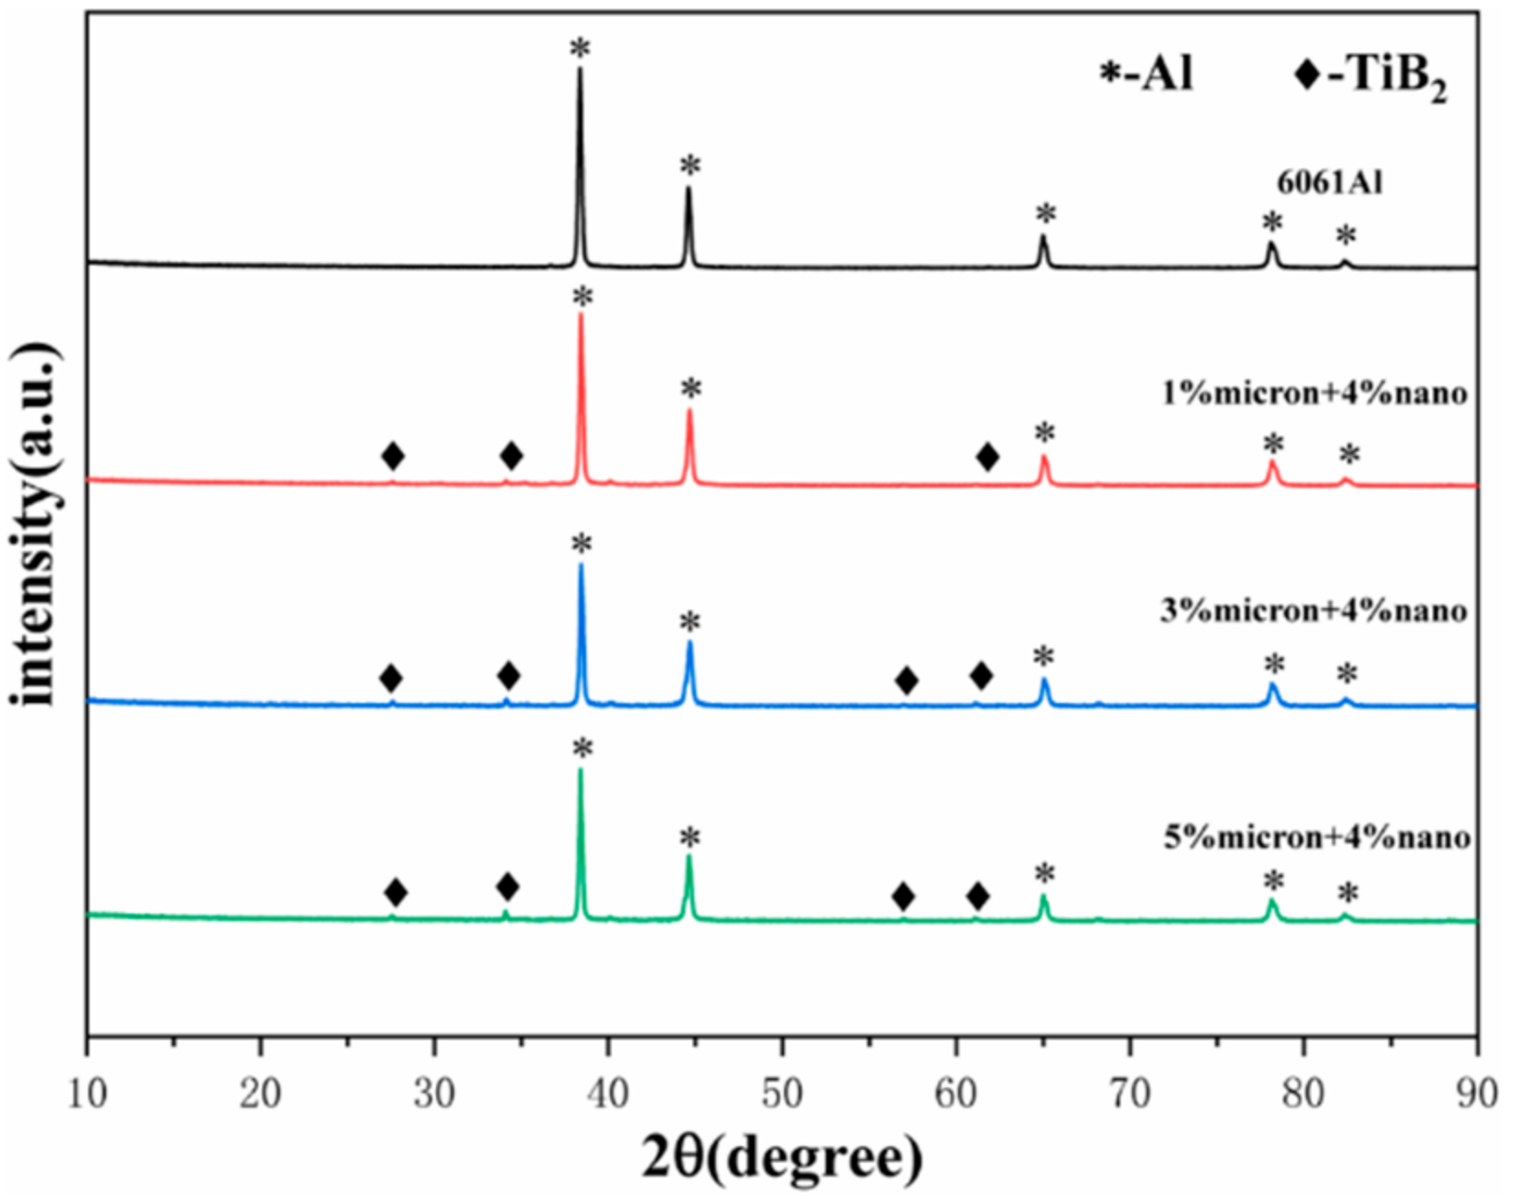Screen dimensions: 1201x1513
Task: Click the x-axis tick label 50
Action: (x=782, y=1094)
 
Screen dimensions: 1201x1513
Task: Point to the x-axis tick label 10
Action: (x=87, y=1094)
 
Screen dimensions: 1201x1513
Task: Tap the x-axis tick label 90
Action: (x=1475, y=1094)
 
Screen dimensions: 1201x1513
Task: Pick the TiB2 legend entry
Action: (x=1371, y=78)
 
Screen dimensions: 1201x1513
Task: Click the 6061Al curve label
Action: (x=1330, y=183)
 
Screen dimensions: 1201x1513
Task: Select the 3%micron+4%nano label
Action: (x=1313, y=610)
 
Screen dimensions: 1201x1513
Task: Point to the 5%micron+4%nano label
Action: (x=1317, y=837)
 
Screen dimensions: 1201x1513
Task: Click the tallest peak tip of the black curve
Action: (x=580, y=70)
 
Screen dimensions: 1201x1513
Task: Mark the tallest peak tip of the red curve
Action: (x=580, y=316)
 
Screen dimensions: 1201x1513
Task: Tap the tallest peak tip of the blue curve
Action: (x=581, y=565)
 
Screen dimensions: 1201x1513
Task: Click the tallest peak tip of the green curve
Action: (x=580, y=770)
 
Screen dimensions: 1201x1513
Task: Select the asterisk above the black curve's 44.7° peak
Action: (x=690, y=168)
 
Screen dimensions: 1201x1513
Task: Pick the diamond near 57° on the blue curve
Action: (x=907, y=680)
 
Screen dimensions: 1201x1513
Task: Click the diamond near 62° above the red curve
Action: (x=987, y=457)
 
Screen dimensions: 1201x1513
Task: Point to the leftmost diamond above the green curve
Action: (x=395, y=892)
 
